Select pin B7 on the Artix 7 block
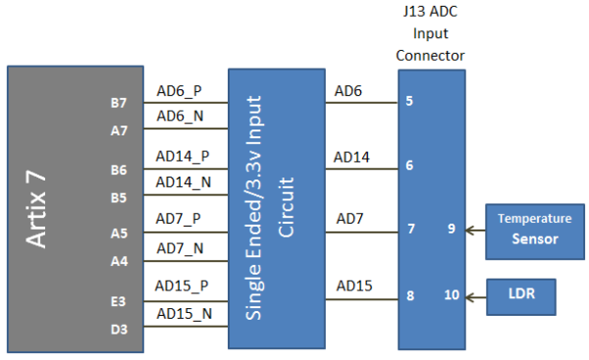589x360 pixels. pos(118,103)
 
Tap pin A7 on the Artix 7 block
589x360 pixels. pos(118,129)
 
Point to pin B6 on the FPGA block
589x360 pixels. pos(118,170)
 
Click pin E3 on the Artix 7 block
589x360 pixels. pos(118,302)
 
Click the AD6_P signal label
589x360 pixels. pos(179,91)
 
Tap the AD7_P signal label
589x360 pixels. pos(179,220)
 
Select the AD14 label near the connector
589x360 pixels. pos(351,157)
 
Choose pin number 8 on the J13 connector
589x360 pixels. pos(409,294)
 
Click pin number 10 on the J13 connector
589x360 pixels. pos(453,294)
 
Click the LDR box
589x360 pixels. pos(520,294)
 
